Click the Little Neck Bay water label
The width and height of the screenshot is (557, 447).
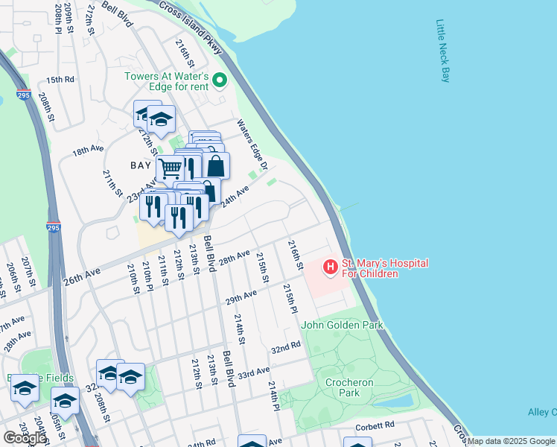[442, 51]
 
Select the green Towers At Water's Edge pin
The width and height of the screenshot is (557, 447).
[220, 80]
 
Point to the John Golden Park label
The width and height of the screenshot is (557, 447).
[342, 325]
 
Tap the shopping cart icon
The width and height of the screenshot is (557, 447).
[171, 168]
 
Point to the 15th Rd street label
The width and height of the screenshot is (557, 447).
[60, 80]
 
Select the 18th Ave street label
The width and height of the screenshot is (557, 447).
[87, 150]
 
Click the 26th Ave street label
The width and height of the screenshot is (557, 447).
[82, 274]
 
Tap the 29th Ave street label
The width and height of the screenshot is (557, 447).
[241, 297]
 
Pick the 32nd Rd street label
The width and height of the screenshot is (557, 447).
[285, 348]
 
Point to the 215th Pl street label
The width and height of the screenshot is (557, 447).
[290, 298]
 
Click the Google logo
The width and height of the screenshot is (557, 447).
[25, 438]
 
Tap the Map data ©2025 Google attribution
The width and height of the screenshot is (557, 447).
[511, 441]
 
